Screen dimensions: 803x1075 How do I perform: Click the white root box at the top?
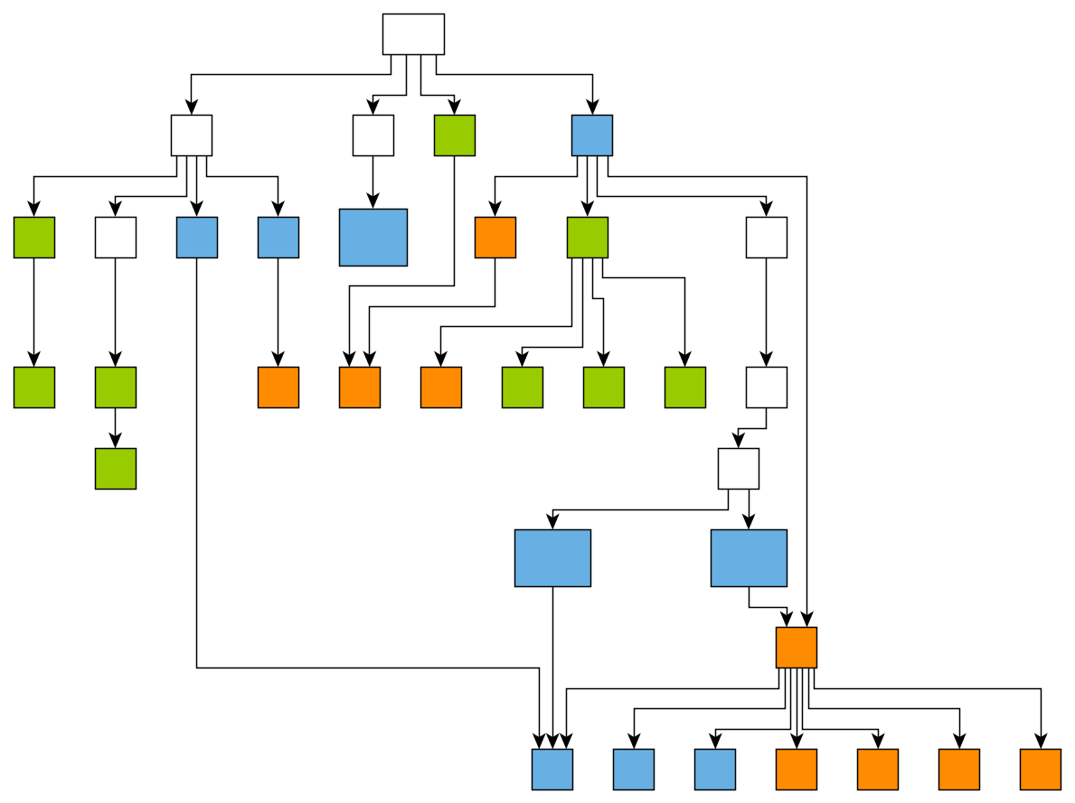point(413,34)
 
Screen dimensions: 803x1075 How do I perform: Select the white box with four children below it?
point(192,135)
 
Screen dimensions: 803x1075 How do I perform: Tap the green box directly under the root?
point(455,135)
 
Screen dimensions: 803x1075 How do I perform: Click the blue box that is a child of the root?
point(592,135)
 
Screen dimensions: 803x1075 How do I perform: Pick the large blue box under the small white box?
point(373,238)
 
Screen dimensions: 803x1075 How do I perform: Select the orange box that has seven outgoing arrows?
point(797,648)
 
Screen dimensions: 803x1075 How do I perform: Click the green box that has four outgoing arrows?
point(588,238)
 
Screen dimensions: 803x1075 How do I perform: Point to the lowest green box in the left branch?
point(116,469)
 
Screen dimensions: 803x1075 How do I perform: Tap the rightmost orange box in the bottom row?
point(1041,770)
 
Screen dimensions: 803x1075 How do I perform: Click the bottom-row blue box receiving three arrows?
point(552,770)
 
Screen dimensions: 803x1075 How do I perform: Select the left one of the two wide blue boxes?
point(552,558)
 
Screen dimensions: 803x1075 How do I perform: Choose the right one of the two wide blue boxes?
point(749,558)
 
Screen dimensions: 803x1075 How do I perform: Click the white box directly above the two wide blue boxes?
point(739,469)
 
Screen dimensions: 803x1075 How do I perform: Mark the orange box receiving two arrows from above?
point(360,387)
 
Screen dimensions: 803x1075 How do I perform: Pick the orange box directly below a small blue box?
point(278,387)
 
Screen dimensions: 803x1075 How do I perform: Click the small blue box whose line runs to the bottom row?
point(197,238)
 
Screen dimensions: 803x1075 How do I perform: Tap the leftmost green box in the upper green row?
point(34,238)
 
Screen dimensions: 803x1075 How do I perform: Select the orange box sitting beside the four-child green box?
point(495,238)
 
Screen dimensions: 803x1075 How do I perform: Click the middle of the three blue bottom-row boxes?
point(634,770)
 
